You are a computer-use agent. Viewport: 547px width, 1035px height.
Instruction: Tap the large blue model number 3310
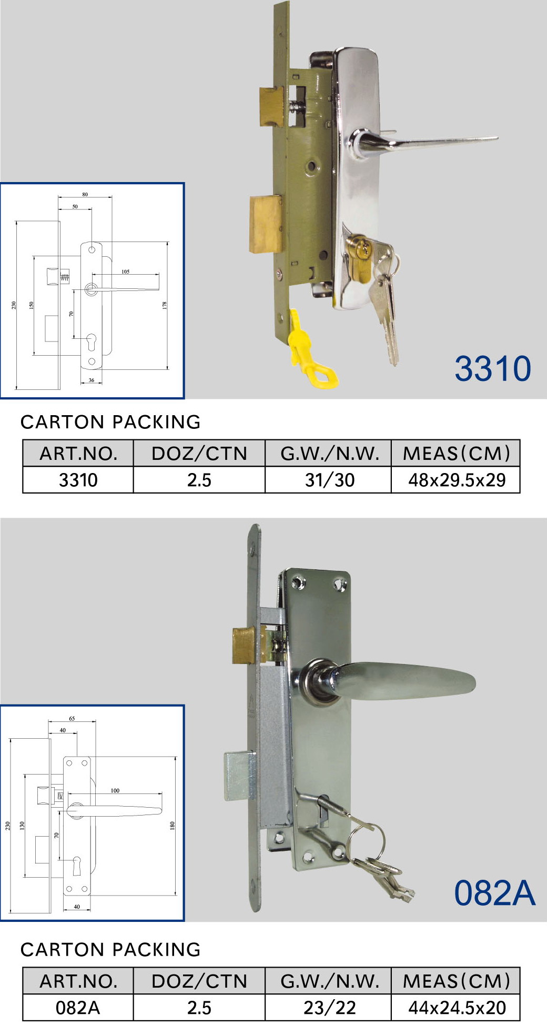[x=493, y=368]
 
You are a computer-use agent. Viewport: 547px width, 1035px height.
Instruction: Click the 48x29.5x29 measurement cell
[x=457, y=480]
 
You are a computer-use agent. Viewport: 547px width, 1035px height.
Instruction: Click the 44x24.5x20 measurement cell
[x=457, y=1008]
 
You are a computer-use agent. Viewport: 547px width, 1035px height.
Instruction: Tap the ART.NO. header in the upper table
[x=78, y=454]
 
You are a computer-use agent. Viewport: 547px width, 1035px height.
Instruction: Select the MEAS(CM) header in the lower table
[x=457, y=981]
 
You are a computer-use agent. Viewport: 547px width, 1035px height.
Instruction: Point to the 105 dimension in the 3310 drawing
[x=125, y=272]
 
